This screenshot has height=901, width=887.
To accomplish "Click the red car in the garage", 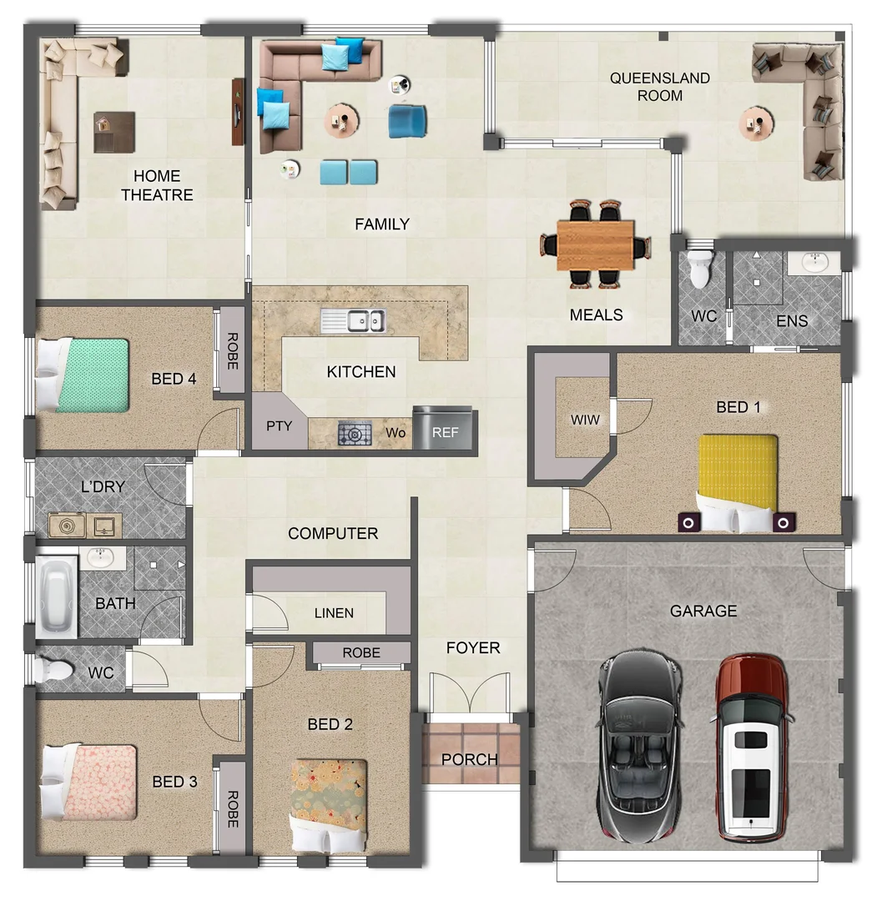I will [751, 747].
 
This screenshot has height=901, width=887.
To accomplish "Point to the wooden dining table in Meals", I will [595, 243].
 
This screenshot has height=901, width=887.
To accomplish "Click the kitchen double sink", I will [354, 320].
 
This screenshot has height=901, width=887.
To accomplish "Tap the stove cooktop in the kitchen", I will [355, 434].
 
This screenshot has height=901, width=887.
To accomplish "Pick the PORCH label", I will [469, 760].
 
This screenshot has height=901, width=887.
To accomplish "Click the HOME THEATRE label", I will [157, 185].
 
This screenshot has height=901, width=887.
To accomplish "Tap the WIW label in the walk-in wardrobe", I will [585, 419].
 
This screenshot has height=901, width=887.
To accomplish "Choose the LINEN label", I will [334, 613].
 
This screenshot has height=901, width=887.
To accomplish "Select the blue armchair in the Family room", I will [407, 120].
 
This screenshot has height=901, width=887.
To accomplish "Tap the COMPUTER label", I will [332, 533].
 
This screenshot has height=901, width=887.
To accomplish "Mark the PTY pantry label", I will [279, 426].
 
